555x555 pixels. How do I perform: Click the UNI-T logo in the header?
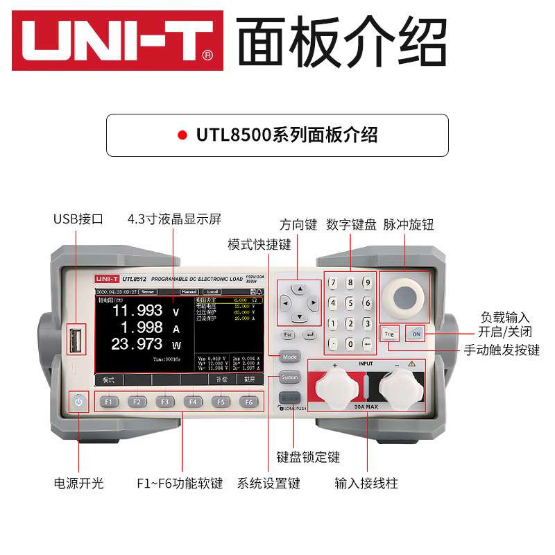117,40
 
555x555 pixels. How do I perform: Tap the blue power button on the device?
79,402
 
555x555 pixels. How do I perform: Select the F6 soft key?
248,402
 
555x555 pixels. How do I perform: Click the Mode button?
290,357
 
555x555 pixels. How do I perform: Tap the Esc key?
289,335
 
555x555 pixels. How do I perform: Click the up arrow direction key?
299,287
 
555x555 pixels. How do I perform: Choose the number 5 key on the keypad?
350,302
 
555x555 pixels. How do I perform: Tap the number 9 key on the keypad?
367,282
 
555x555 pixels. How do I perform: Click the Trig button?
389,334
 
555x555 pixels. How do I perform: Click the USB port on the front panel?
76,342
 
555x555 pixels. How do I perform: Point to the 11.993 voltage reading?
138,310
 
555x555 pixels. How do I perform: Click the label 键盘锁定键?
308,457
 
